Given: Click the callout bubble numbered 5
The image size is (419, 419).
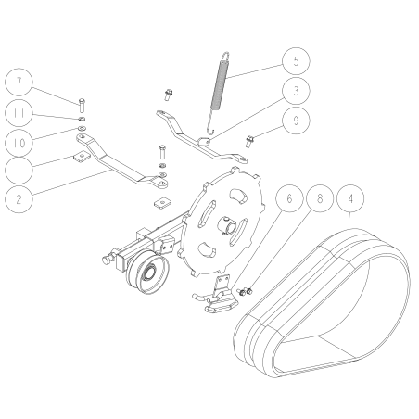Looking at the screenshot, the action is coord(296,61).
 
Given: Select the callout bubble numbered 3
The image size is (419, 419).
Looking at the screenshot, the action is coord(296,91).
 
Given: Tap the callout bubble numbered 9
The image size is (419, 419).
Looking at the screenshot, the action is coord(296,121).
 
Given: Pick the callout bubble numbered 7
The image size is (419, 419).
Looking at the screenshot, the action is coord(19,83).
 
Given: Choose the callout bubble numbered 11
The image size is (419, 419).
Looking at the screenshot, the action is coord(19,113).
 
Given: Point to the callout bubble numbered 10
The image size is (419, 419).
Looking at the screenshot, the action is coord(19,143).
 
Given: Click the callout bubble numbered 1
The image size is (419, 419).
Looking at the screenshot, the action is coord(19,171).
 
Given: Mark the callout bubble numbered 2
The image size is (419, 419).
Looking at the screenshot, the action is coord(19,199).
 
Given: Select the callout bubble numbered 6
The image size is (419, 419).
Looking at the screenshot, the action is coord(289,198).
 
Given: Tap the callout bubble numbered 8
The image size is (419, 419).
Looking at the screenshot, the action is coord(320,198).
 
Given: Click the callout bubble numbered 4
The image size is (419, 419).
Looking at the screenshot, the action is coord(350,198).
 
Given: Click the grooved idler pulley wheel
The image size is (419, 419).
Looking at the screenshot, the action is coord(147,272).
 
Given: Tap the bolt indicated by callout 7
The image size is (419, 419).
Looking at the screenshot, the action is coord(82,106).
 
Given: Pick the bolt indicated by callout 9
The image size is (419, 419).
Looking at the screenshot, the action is coord(249,142).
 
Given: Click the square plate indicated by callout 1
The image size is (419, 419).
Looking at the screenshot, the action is coord(81,157).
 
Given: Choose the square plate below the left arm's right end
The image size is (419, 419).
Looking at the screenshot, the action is coord(162,203).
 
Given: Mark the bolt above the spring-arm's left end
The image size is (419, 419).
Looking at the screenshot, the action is coord(169,95).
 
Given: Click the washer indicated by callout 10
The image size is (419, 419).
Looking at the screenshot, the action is coord(82,128).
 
